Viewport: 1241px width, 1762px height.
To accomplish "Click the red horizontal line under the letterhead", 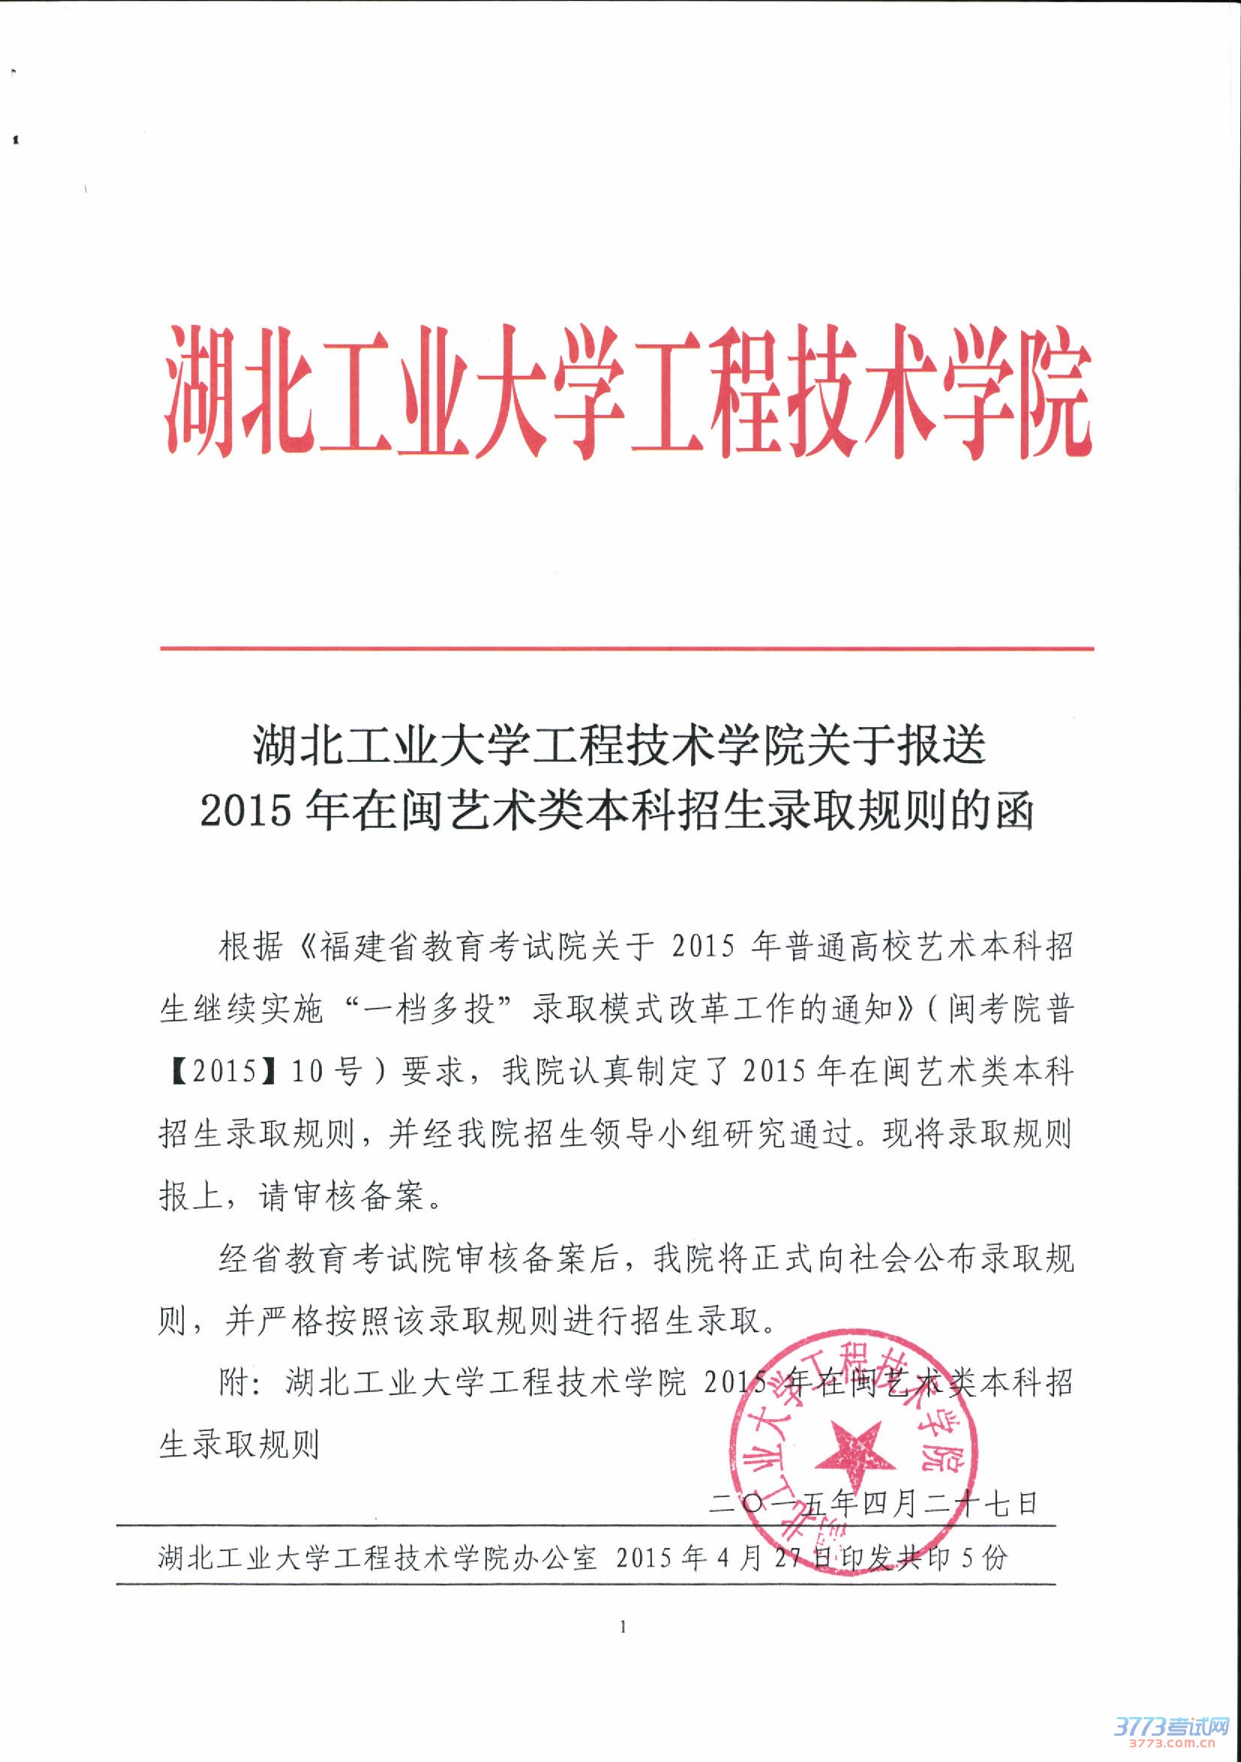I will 627,649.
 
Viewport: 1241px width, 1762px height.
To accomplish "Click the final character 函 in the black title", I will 1014,811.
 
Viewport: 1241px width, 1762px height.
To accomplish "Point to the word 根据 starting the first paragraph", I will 251,947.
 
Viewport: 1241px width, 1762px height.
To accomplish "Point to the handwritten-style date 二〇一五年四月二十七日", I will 873,1502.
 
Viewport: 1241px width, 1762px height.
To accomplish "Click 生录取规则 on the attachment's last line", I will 239,1445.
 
